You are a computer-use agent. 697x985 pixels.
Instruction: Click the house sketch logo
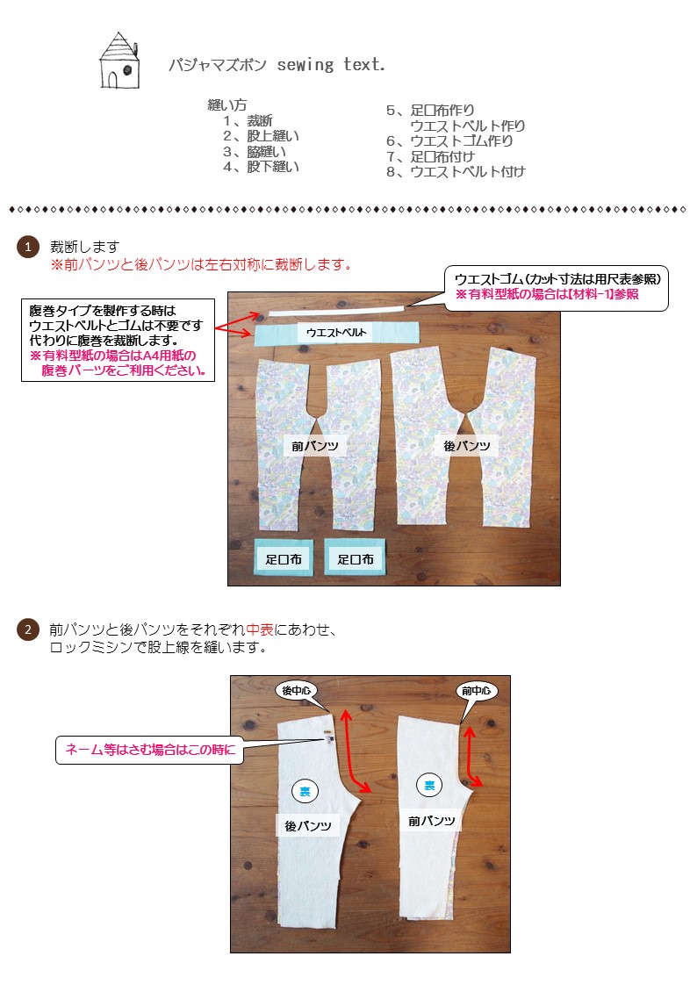(117, 61)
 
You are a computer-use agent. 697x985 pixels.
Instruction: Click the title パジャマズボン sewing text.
(277, 66)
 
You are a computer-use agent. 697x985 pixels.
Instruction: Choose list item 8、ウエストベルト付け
(456, 171)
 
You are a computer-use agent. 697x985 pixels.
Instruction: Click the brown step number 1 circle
(28, 248)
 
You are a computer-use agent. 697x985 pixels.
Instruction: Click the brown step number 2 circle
(28, 629)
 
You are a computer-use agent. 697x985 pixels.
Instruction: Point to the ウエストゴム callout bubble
(557, 286)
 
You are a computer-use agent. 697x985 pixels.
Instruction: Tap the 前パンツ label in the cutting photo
(315, 446)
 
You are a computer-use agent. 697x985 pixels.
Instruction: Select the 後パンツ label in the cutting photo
(466, 446)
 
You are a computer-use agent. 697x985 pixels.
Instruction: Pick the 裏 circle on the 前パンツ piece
(429, 786)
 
